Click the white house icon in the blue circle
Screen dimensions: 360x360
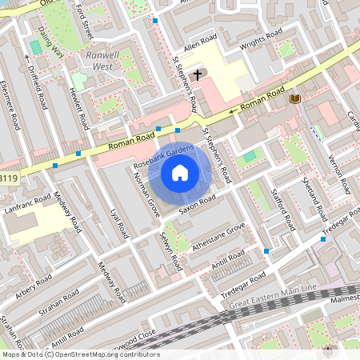(x=180, y=172)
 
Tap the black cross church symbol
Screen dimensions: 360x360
(x=197, y=73)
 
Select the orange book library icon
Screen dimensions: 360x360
(x=295, y=98)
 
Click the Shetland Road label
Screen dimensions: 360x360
(x=317, y=196)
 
